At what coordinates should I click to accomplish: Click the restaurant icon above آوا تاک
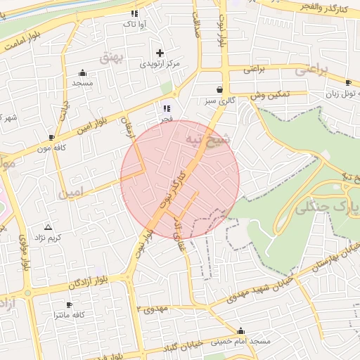pos(134,13)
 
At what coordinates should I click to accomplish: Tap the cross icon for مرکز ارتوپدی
pos(160,53)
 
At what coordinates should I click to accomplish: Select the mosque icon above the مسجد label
pos(82,72)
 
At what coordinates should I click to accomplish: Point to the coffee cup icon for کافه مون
pos(51,137)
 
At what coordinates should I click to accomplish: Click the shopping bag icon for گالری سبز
pos(220,90)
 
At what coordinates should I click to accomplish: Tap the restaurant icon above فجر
pos(167,108)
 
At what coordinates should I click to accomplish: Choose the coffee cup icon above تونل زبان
pos(348,82)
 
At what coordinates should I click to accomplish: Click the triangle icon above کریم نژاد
pos(48,227)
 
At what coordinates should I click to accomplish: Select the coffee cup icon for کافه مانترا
pos(69,304)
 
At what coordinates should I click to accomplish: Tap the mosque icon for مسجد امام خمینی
pos(241,330)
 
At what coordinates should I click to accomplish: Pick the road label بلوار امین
pos(92,124)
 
